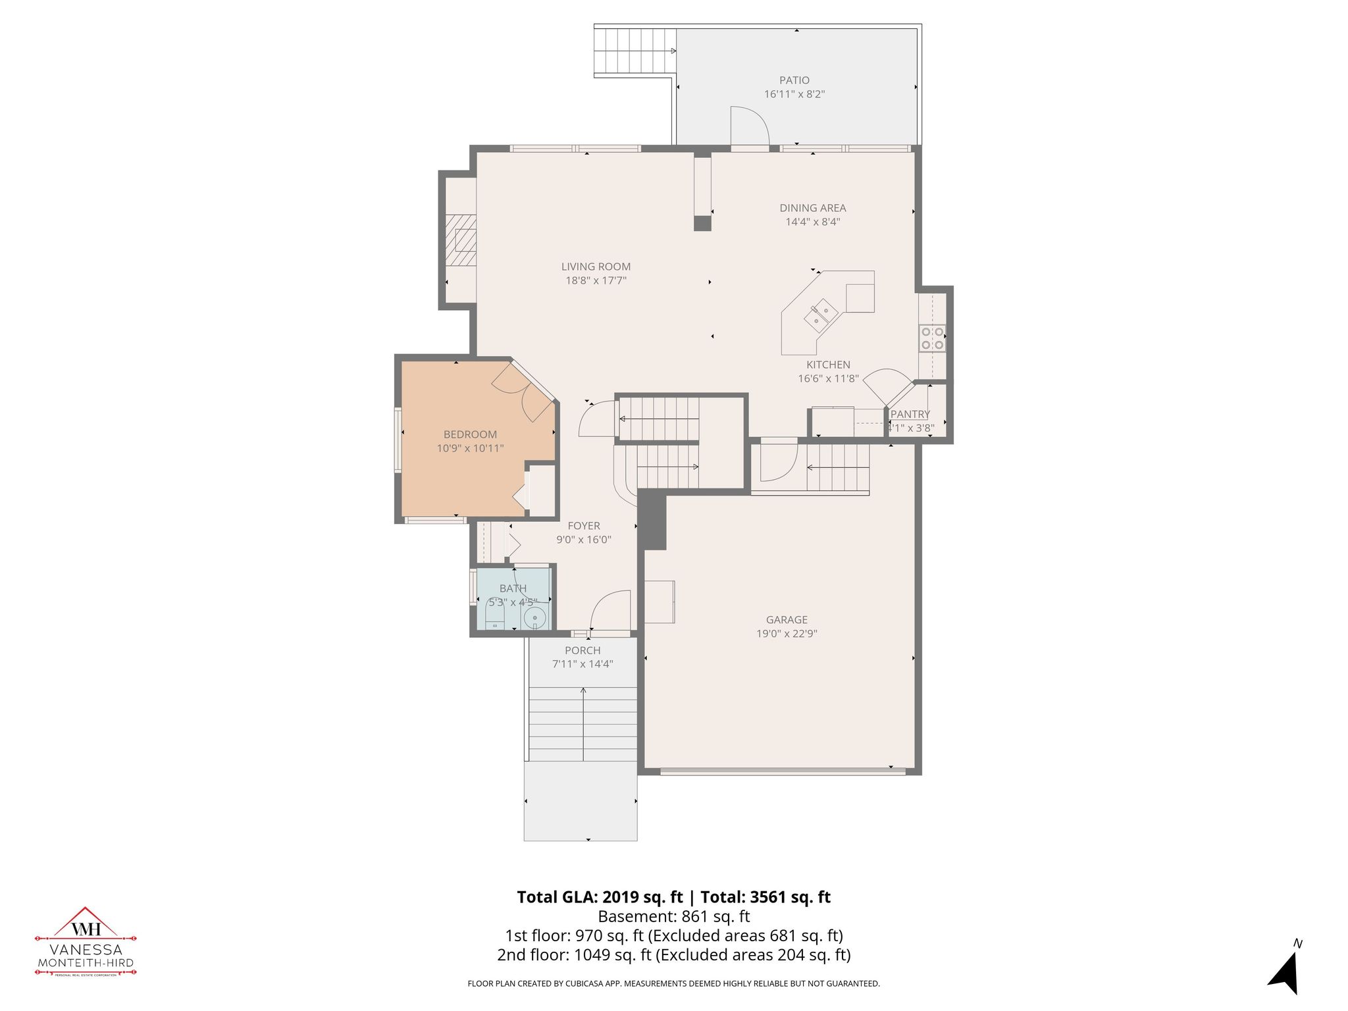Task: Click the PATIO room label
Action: click(x=794, y=80)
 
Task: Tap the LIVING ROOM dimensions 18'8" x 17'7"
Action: click(x=596, y=281)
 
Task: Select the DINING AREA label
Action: click(x=812, y=208)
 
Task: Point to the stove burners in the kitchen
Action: click(x=933, y=338)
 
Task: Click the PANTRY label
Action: click(x=910, y=414)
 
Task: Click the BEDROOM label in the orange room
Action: click(x=470, y=434)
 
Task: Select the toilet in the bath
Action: click(x=494, y=617)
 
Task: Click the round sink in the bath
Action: click(x=534, y=617)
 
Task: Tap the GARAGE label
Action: click(x=787, y=619)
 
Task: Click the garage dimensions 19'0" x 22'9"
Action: click(x=787, y=634)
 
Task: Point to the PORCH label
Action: click(x=583, y=650)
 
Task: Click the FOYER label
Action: click(x=584, y=526)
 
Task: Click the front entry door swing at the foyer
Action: click(x=611, y=610)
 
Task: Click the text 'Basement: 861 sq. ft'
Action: click(x=673, y=916)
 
